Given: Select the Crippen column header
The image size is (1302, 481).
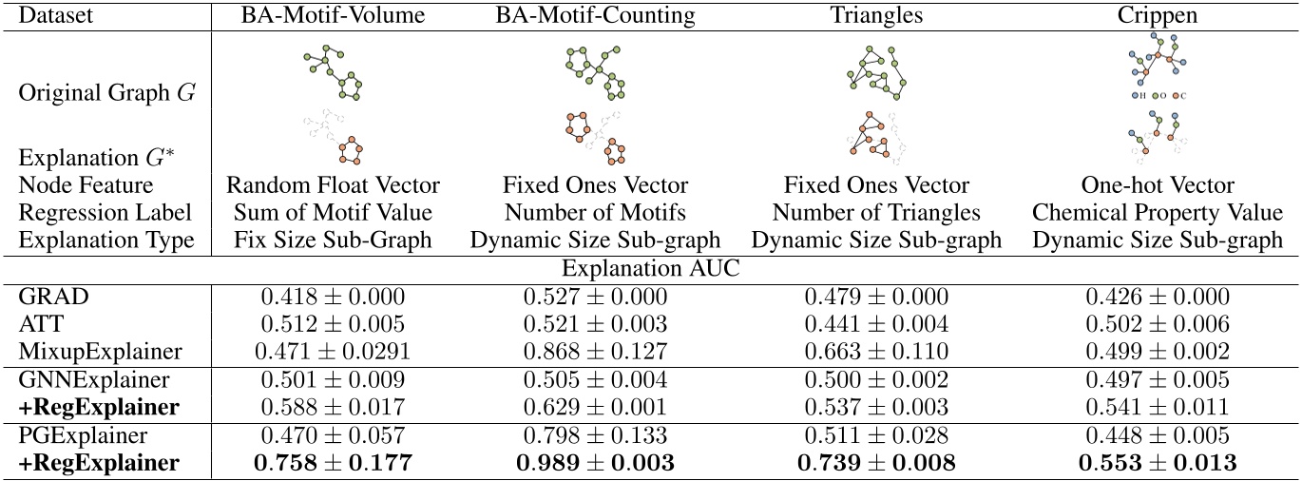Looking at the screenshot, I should tap(1158, 15).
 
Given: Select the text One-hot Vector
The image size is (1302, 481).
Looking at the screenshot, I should tap(1158, 186).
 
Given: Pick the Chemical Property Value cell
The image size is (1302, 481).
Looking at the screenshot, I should tap(1158, 213).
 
